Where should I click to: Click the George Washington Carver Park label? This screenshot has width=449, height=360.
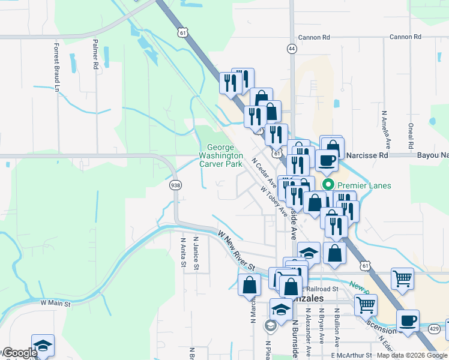pos(220,155)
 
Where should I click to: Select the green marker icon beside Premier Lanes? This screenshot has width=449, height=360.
pos(328,185)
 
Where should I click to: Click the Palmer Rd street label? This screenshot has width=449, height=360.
pos(95,55)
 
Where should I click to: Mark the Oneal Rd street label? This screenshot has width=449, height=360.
pos(411,137)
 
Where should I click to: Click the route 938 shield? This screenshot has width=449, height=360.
pos(175,185)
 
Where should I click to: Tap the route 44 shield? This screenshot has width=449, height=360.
pos(292,47)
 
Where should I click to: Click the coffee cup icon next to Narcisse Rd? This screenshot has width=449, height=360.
pos(327,160)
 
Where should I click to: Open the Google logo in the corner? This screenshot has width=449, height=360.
pos(19,353)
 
